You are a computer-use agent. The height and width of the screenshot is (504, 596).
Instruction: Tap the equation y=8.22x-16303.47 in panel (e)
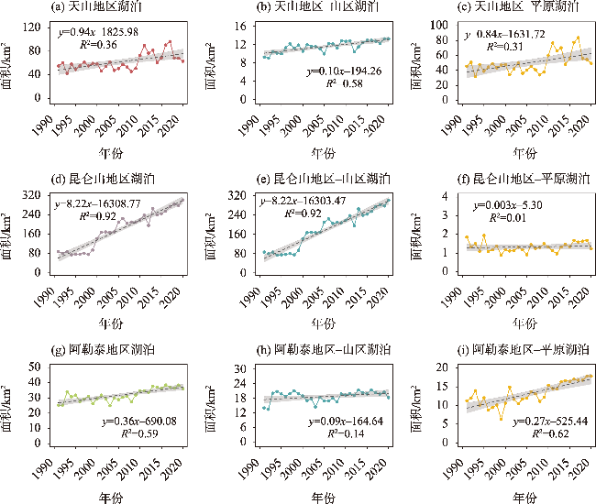[310, 202]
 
